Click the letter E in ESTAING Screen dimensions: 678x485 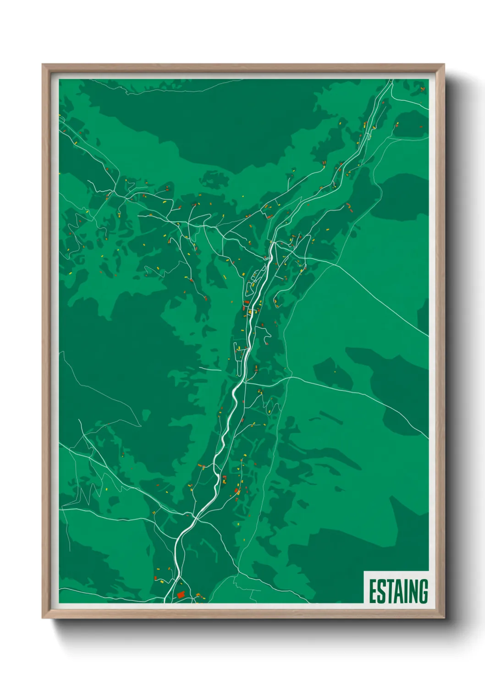(x=373, y=591)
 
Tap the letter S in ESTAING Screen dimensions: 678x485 (x=381, y=591)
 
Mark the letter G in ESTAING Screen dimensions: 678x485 (x=422, y=591)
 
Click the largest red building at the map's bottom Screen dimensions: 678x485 (x=181, y=594)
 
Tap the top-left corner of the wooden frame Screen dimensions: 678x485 (x=43, y=65)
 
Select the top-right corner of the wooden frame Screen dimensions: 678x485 (x=443, y=65)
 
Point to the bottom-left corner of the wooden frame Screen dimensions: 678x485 (x=43, y=617)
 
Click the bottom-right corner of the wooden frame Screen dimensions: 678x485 (x=443, y=617)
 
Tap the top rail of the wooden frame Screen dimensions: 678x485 (x=243, y=67)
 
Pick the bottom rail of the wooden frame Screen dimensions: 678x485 (x=243, y=614)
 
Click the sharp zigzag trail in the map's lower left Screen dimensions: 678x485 (x=83, y=495)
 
